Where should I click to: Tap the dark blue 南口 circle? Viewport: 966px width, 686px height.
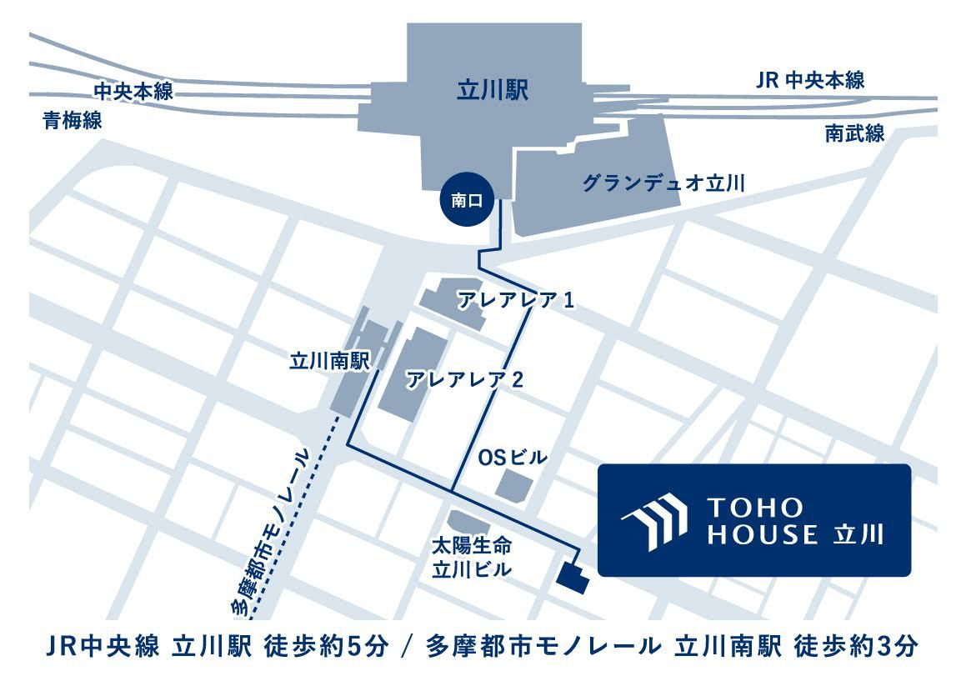point(466,201)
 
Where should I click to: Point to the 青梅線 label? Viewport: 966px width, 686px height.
point(73,122)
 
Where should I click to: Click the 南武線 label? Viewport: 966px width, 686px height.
point(854,133)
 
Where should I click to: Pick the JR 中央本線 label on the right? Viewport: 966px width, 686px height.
point(810,81)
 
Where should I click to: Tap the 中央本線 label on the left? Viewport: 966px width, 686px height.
point(133,91)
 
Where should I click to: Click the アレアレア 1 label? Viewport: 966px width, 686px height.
point(515,300)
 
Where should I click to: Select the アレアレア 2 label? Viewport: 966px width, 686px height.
point(463,380)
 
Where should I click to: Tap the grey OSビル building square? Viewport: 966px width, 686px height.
point(514,484)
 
